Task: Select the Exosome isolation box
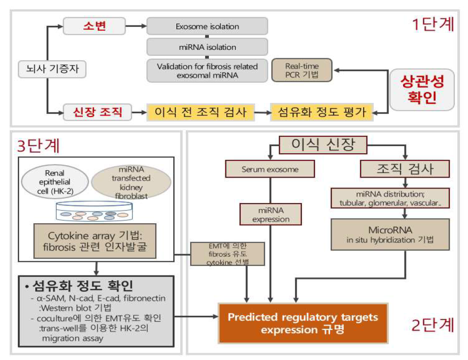[207, 27]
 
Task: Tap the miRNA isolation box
[207, 47]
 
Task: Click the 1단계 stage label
[433, 24]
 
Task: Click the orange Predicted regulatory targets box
[303, 323]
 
